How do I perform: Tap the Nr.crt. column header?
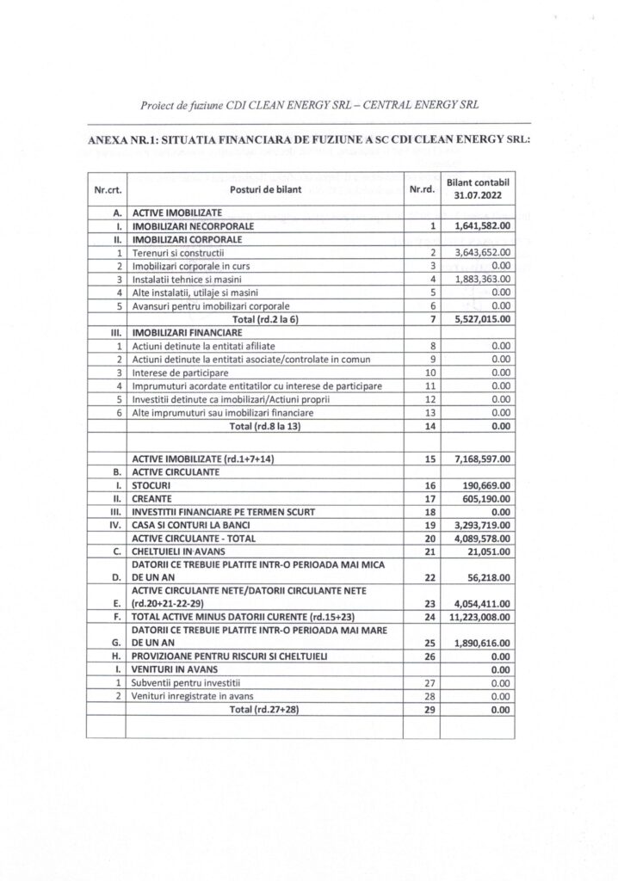click(x=107, y=190)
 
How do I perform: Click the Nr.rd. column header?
click(x=421, y=190)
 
